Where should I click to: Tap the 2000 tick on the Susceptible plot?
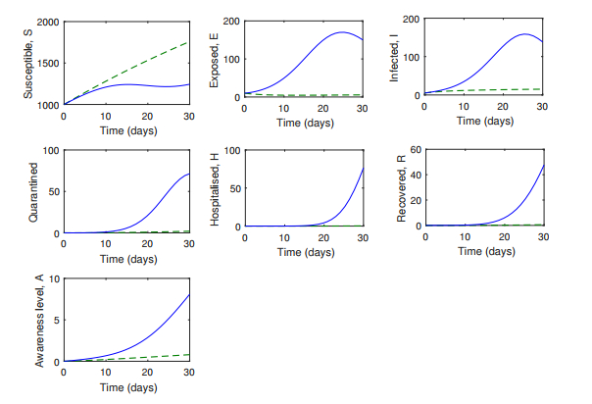pos(46,21)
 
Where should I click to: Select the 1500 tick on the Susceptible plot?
pos(46,63)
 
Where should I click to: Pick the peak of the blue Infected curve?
pos(524,34)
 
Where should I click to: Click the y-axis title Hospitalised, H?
pos(217,189)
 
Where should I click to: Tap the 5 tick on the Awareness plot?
pos(55,320)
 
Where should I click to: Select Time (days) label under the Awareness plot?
pos(125,387)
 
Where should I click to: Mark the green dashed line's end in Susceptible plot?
pos(188,42)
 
